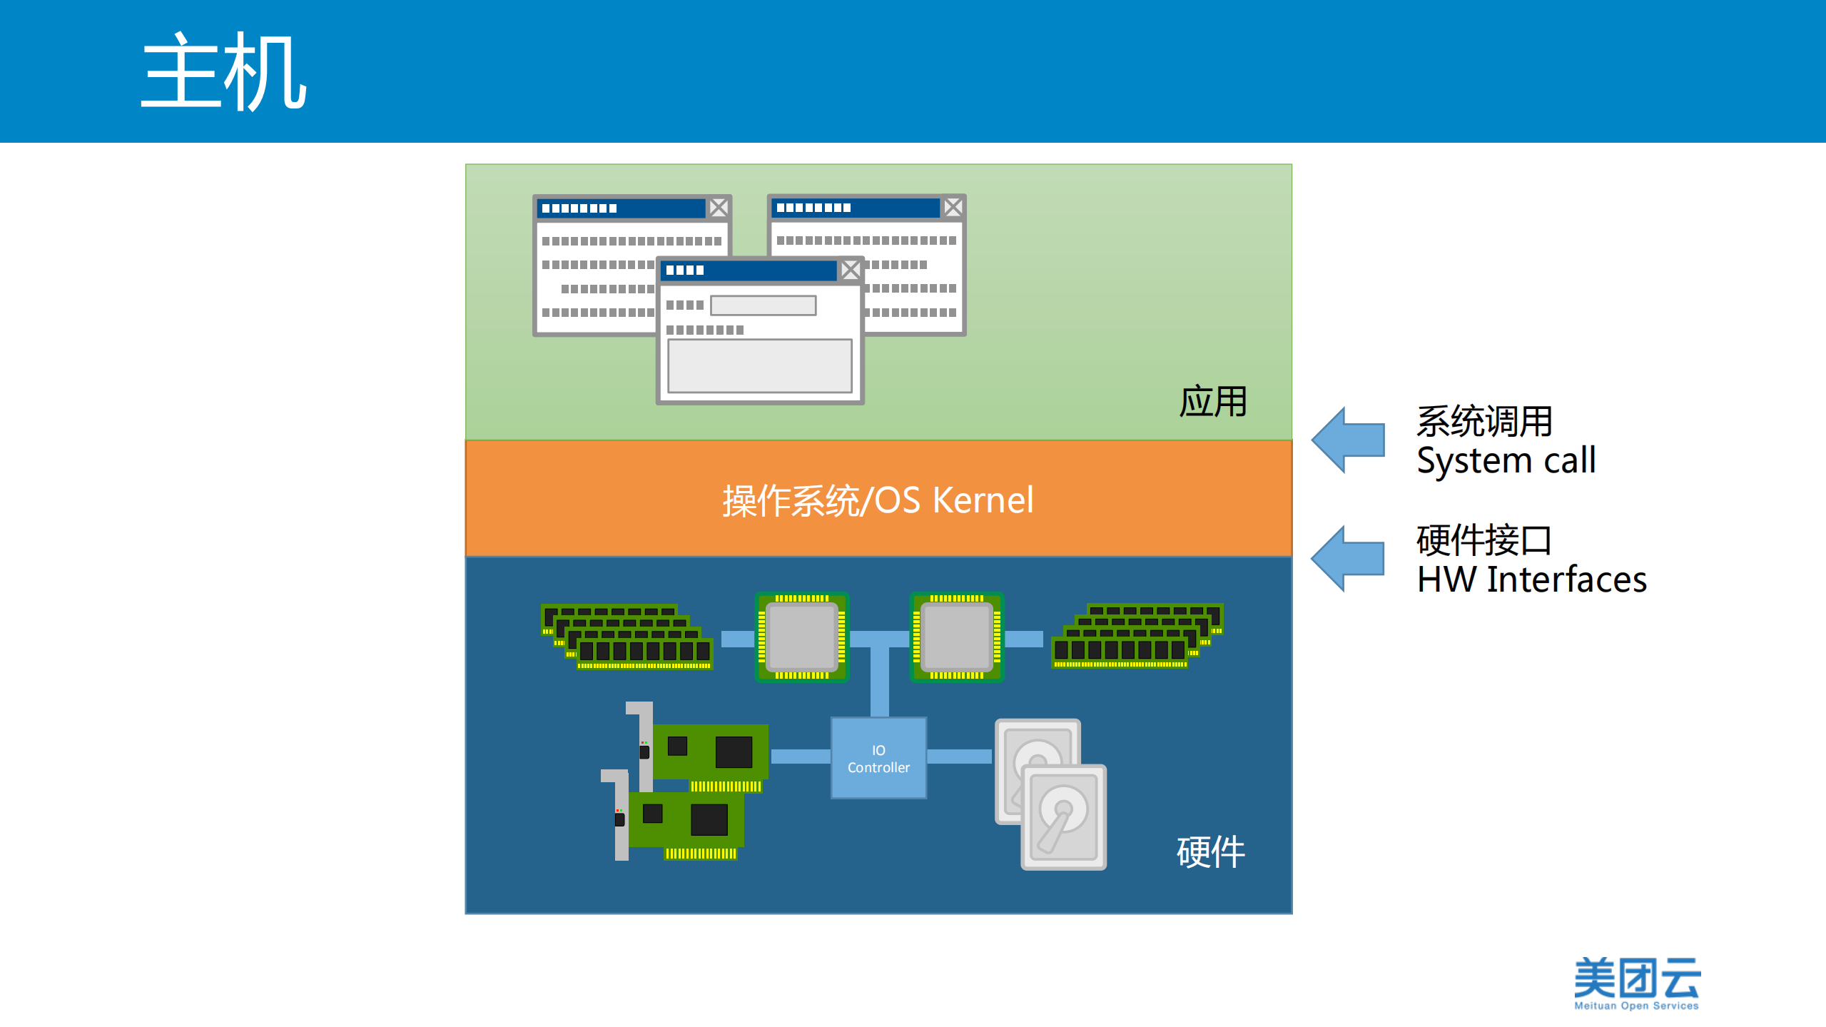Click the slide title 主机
223,71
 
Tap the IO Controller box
878,758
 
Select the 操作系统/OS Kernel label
878,500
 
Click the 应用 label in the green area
1212,402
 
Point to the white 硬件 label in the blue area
1210,851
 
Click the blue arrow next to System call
1348,440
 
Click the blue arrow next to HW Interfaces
1348,558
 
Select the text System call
1506,460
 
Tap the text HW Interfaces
1531,579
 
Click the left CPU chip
801,637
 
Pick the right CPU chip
956,637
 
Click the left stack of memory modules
627,637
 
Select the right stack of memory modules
1137,635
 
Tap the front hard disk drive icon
1063,816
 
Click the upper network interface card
706,753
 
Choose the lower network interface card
681,821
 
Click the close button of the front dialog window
850,270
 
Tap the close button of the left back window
719,208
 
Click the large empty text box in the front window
759,365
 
